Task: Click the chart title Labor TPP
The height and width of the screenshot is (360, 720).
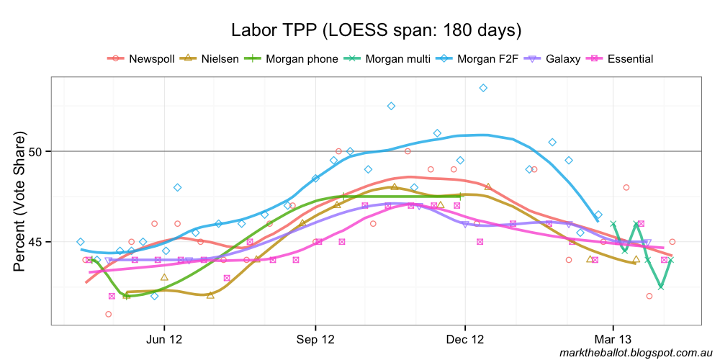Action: [x=376, y=31]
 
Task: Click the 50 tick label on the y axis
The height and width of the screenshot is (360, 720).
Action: [x=37, y=151]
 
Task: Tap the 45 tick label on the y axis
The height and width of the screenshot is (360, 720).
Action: [x=37, y=241]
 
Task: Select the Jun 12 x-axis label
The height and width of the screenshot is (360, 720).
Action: [x=165, y=339]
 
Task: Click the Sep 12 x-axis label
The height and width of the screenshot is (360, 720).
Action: [x=315, y=339]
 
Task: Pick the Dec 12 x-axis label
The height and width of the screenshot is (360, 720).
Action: [x=466, y=339]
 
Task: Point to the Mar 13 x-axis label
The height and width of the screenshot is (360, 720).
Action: [x=613, y=339]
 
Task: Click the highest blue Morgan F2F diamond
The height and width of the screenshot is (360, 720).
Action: [x=483, y=88]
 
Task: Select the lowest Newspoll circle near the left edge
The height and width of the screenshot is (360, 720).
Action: [x=108, y=314]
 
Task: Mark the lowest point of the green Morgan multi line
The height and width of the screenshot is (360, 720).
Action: [x=660, y=287]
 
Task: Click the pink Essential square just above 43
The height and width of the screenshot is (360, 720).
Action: [x=112, y=296]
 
